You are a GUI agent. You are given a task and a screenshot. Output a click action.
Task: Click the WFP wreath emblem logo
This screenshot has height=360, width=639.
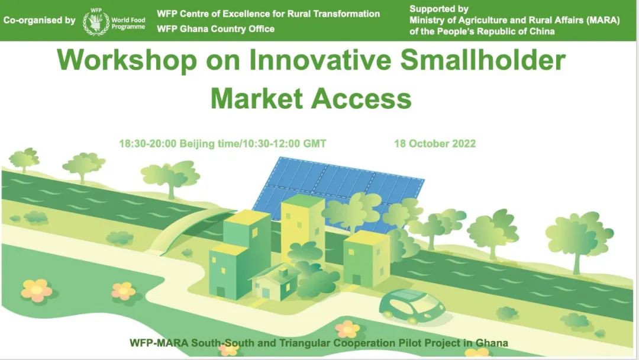(96, 22)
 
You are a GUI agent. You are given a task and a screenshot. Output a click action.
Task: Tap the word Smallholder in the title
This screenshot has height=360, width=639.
(483, 60)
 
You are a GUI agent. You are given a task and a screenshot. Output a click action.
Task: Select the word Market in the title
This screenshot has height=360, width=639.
(257, 99)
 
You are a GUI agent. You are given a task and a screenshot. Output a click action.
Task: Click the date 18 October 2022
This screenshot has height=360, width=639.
(435, 143)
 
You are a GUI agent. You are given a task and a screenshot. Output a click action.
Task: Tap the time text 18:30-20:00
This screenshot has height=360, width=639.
(147, 143)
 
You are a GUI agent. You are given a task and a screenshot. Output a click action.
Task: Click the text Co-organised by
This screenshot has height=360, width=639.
(39, 20)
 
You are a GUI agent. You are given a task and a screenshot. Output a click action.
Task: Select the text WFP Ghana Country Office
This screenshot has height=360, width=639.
(215, 29)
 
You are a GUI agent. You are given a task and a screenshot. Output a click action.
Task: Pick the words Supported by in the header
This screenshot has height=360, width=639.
(439, 9)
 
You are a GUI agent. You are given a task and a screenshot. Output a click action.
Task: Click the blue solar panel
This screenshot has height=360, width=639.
(338, 192)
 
